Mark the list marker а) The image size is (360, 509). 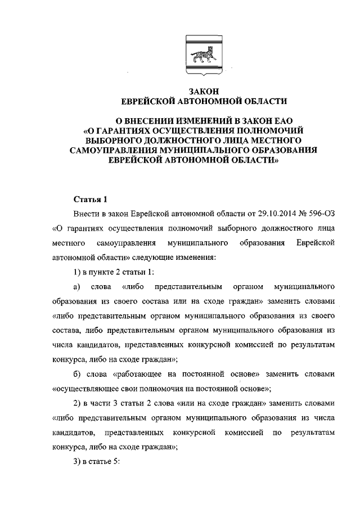coord(79,286)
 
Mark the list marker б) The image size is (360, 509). coord(79,373)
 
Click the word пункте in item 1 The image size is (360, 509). coord(103,272)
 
